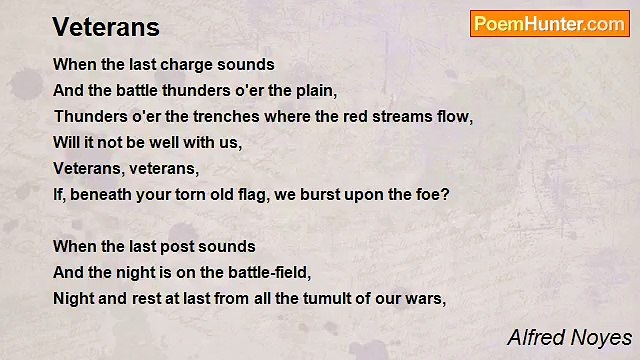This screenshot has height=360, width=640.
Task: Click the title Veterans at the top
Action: [x=106, y=27]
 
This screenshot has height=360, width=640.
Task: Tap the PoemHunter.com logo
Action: [x=549, y=24]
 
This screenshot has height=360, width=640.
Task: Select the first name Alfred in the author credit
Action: [x=537, y=337]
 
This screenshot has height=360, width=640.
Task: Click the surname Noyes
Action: [x=603, y=337]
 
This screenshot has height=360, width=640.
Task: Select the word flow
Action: [x=453, y=116]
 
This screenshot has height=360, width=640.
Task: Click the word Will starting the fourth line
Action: [x=66, y=142]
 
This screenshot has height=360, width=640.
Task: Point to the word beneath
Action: [x=103, y=194]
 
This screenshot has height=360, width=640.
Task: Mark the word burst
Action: [x=341, y=194]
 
